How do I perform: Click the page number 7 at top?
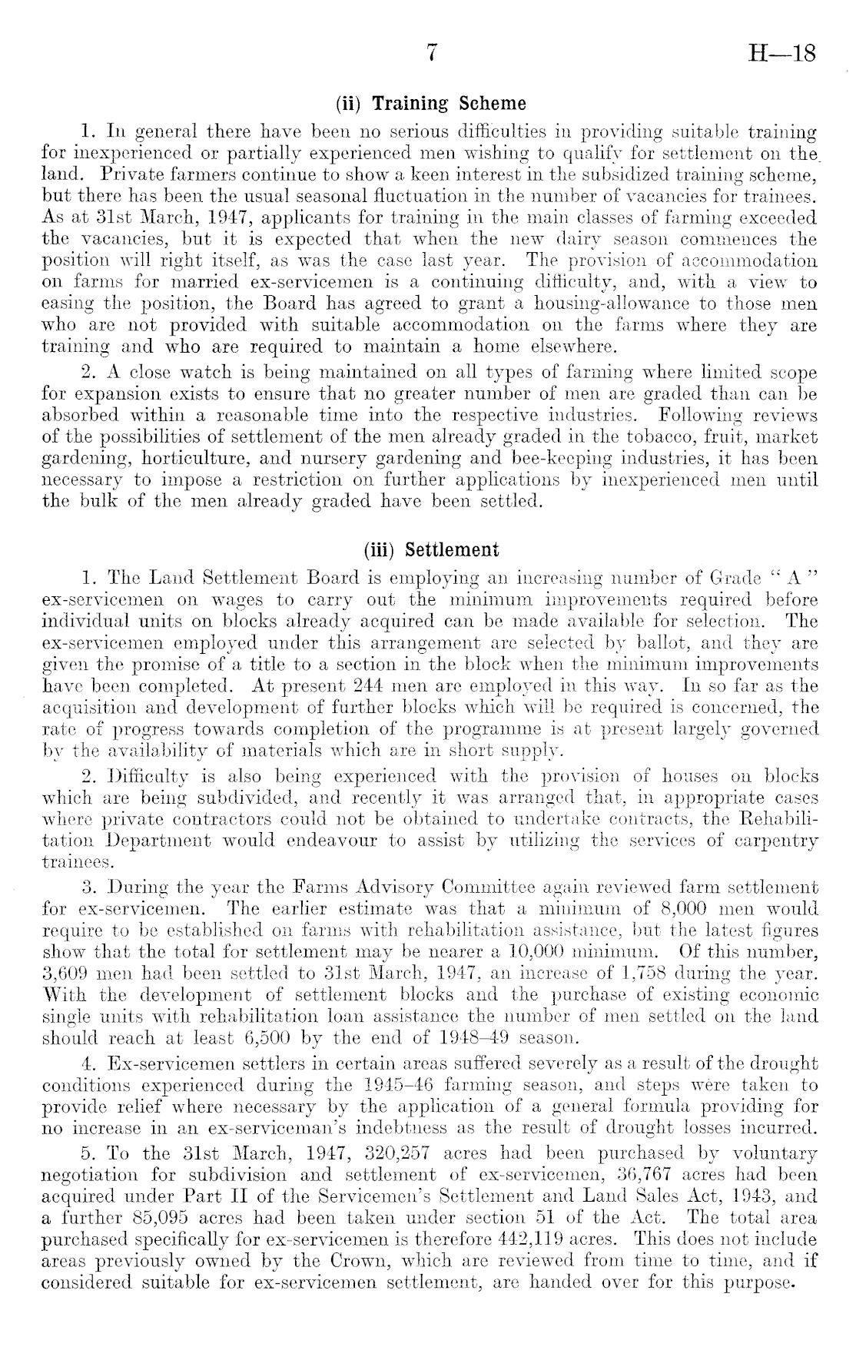tap(433, 53)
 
